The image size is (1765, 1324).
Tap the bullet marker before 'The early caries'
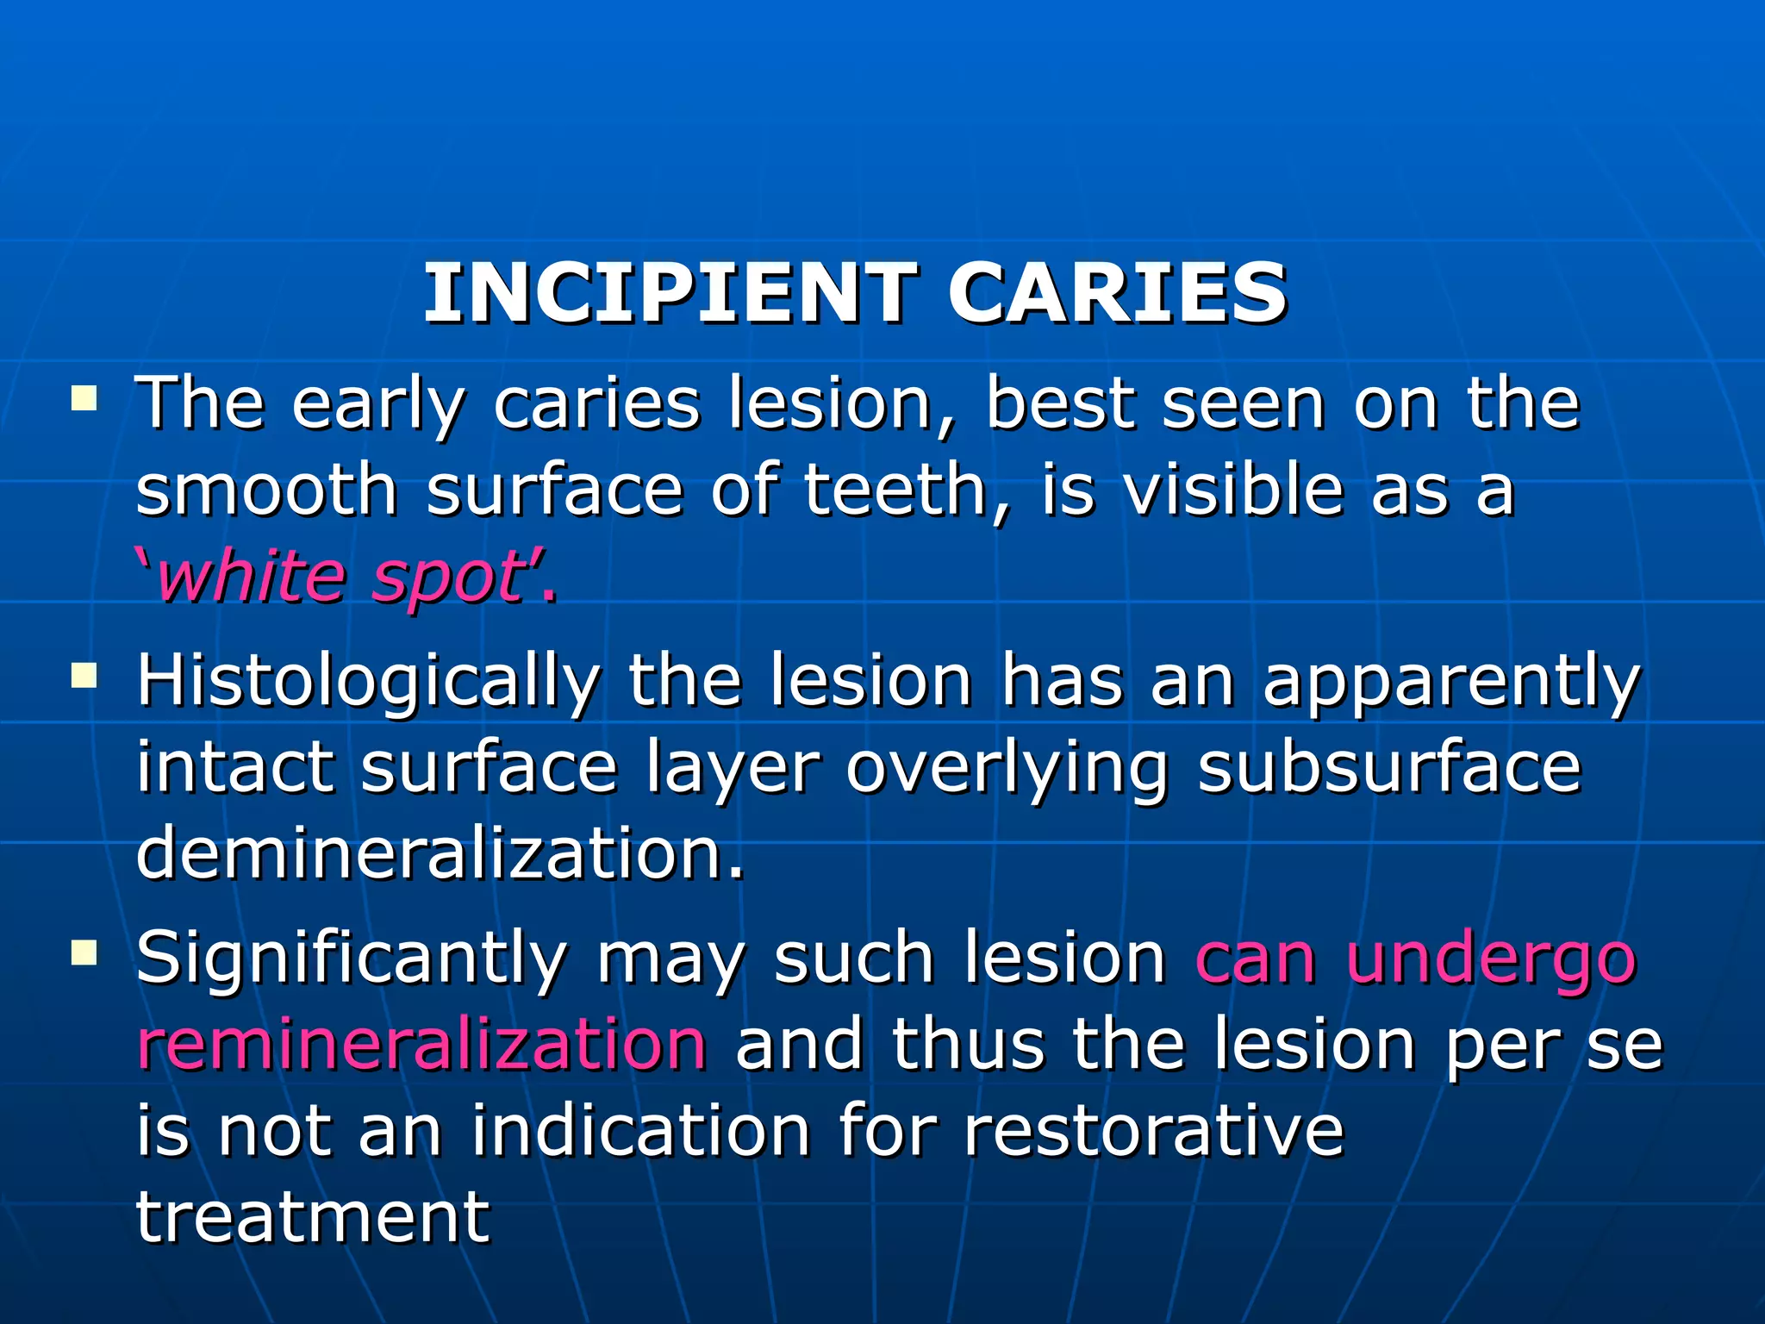pyautogui.click(x=84, y=398)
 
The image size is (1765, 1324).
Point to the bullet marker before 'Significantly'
pyautogui.click(x=84, y=952)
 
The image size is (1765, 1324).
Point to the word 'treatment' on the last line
pyautogui.click(x=313, y=1217)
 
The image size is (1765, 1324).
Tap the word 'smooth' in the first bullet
pyautogui.click(x=266, y=490)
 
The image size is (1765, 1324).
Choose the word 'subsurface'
pyautogui.click(x=1389, y=767)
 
